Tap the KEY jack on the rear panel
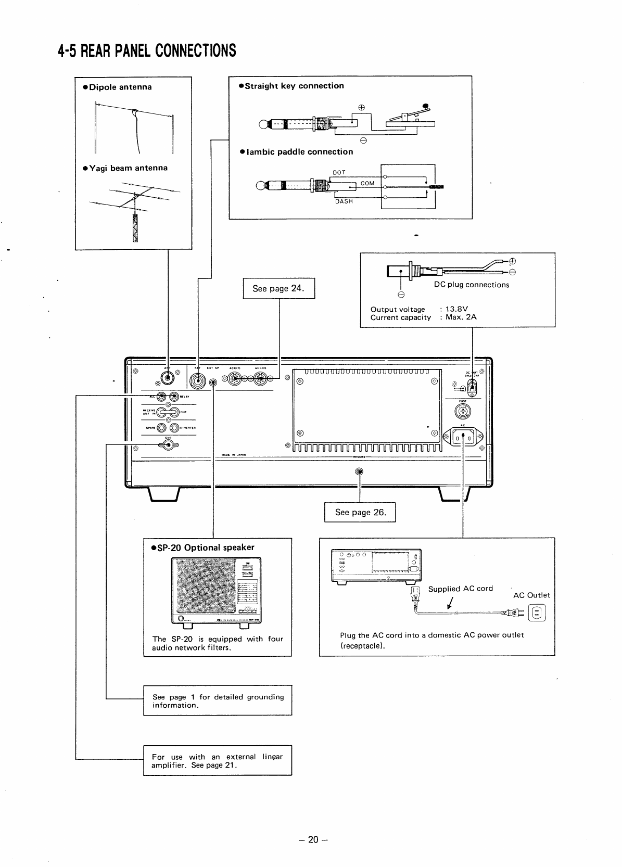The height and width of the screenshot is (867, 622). [198, 381]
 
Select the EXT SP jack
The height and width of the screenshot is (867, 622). [213, 384]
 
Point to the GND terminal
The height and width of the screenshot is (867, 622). [168, 444]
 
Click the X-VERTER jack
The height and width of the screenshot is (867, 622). [174, 428]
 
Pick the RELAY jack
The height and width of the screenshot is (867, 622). [174, 397]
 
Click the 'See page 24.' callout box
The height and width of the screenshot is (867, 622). [279, 288]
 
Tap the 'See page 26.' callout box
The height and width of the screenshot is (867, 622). [360, 512]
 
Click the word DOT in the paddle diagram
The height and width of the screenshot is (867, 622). [339, 172]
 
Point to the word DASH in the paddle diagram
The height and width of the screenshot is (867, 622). [344, 201]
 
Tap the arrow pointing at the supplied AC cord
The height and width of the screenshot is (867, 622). [449, 604]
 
